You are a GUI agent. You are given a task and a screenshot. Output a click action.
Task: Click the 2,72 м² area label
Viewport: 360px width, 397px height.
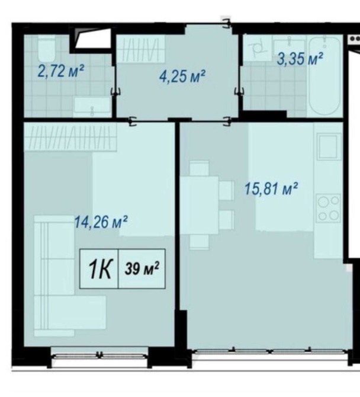pos(61,71)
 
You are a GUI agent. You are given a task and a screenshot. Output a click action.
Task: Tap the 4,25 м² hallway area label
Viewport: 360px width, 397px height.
pos(182,76)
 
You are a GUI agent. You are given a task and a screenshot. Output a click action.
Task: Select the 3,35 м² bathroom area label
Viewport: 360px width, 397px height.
pos(300,59)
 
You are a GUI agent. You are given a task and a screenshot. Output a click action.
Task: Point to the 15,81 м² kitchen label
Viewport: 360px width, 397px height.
pos(271,189)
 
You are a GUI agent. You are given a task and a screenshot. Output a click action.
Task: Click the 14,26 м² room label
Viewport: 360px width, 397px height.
pos(101,222)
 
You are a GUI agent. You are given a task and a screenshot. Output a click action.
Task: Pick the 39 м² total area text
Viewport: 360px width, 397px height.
pos(142,268)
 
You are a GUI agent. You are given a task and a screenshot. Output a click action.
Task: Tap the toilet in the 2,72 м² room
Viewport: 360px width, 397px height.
pos(46,48)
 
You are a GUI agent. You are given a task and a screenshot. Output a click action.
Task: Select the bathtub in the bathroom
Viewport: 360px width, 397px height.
pos(324,75)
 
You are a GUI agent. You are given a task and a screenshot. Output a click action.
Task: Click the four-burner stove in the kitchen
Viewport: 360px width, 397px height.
pos(329,208)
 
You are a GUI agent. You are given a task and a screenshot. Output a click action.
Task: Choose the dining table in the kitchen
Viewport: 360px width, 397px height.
pos(200,205)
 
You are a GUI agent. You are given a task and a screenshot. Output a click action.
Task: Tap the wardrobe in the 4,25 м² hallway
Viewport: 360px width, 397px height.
pos(141,49)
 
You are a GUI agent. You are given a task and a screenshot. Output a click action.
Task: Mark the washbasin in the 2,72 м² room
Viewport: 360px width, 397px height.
pos(92,107)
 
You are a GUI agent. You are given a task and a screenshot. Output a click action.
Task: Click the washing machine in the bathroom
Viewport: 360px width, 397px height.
pos(258,48)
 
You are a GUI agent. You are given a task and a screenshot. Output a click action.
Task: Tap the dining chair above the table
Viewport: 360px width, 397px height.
pos(200,168)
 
